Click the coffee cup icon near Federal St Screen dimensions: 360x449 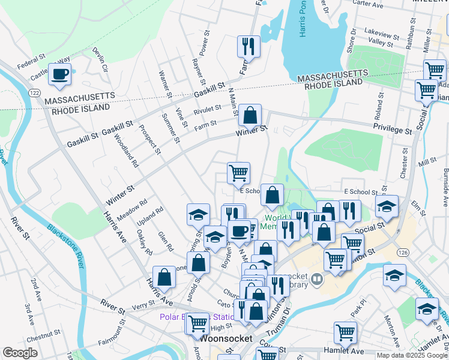(x=59, y=74)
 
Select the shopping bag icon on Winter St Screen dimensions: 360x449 (x=250, y=113)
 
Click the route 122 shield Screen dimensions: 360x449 (x=34, y=92)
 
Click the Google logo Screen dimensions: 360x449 (x=19, y=353)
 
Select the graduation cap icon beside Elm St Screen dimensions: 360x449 (x=387, y=206)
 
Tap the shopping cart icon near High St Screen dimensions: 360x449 (x=197, y=323)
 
